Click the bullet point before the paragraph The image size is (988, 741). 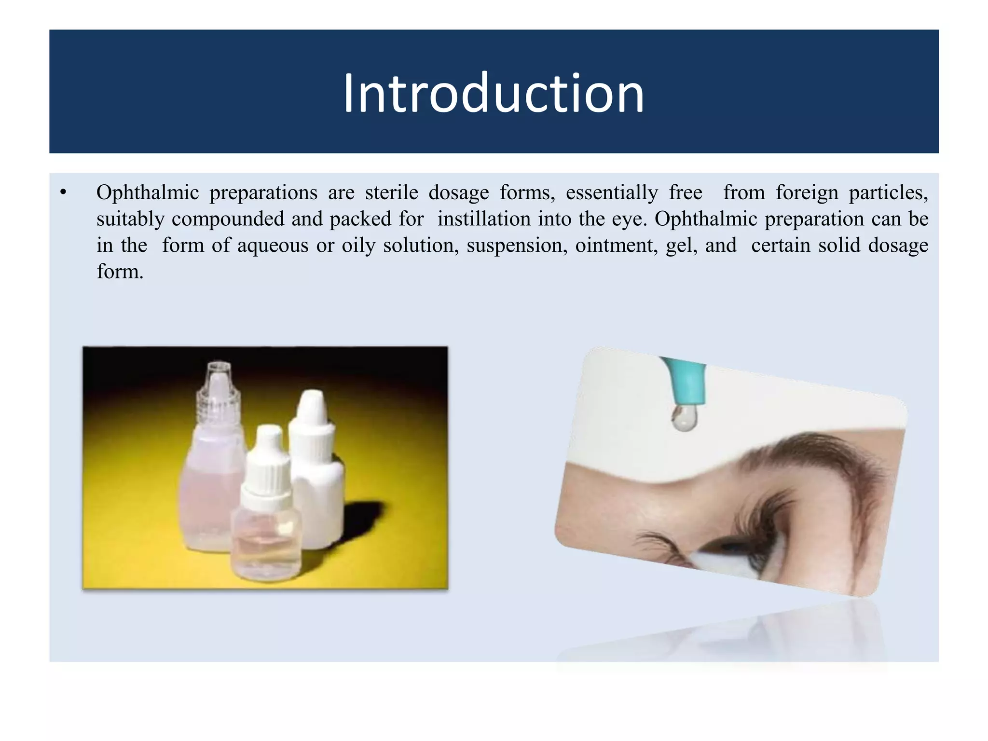click(63, 193)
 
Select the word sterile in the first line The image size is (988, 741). click(391, 193)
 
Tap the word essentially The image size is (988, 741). click(612, 193)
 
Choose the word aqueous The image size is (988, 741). click(273, 246)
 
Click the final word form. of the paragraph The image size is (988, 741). click(120, 272)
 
